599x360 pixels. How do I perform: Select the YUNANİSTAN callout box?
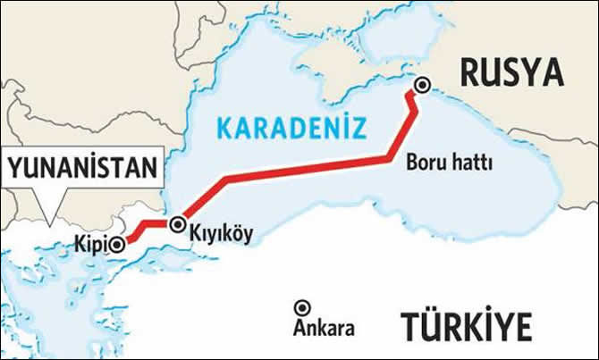85,167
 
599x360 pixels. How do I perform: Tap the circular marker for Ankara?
302,306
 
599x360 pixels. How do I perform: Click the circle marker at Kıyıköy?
178,224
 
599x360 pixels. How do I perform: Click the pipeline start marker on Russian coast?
421,86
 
